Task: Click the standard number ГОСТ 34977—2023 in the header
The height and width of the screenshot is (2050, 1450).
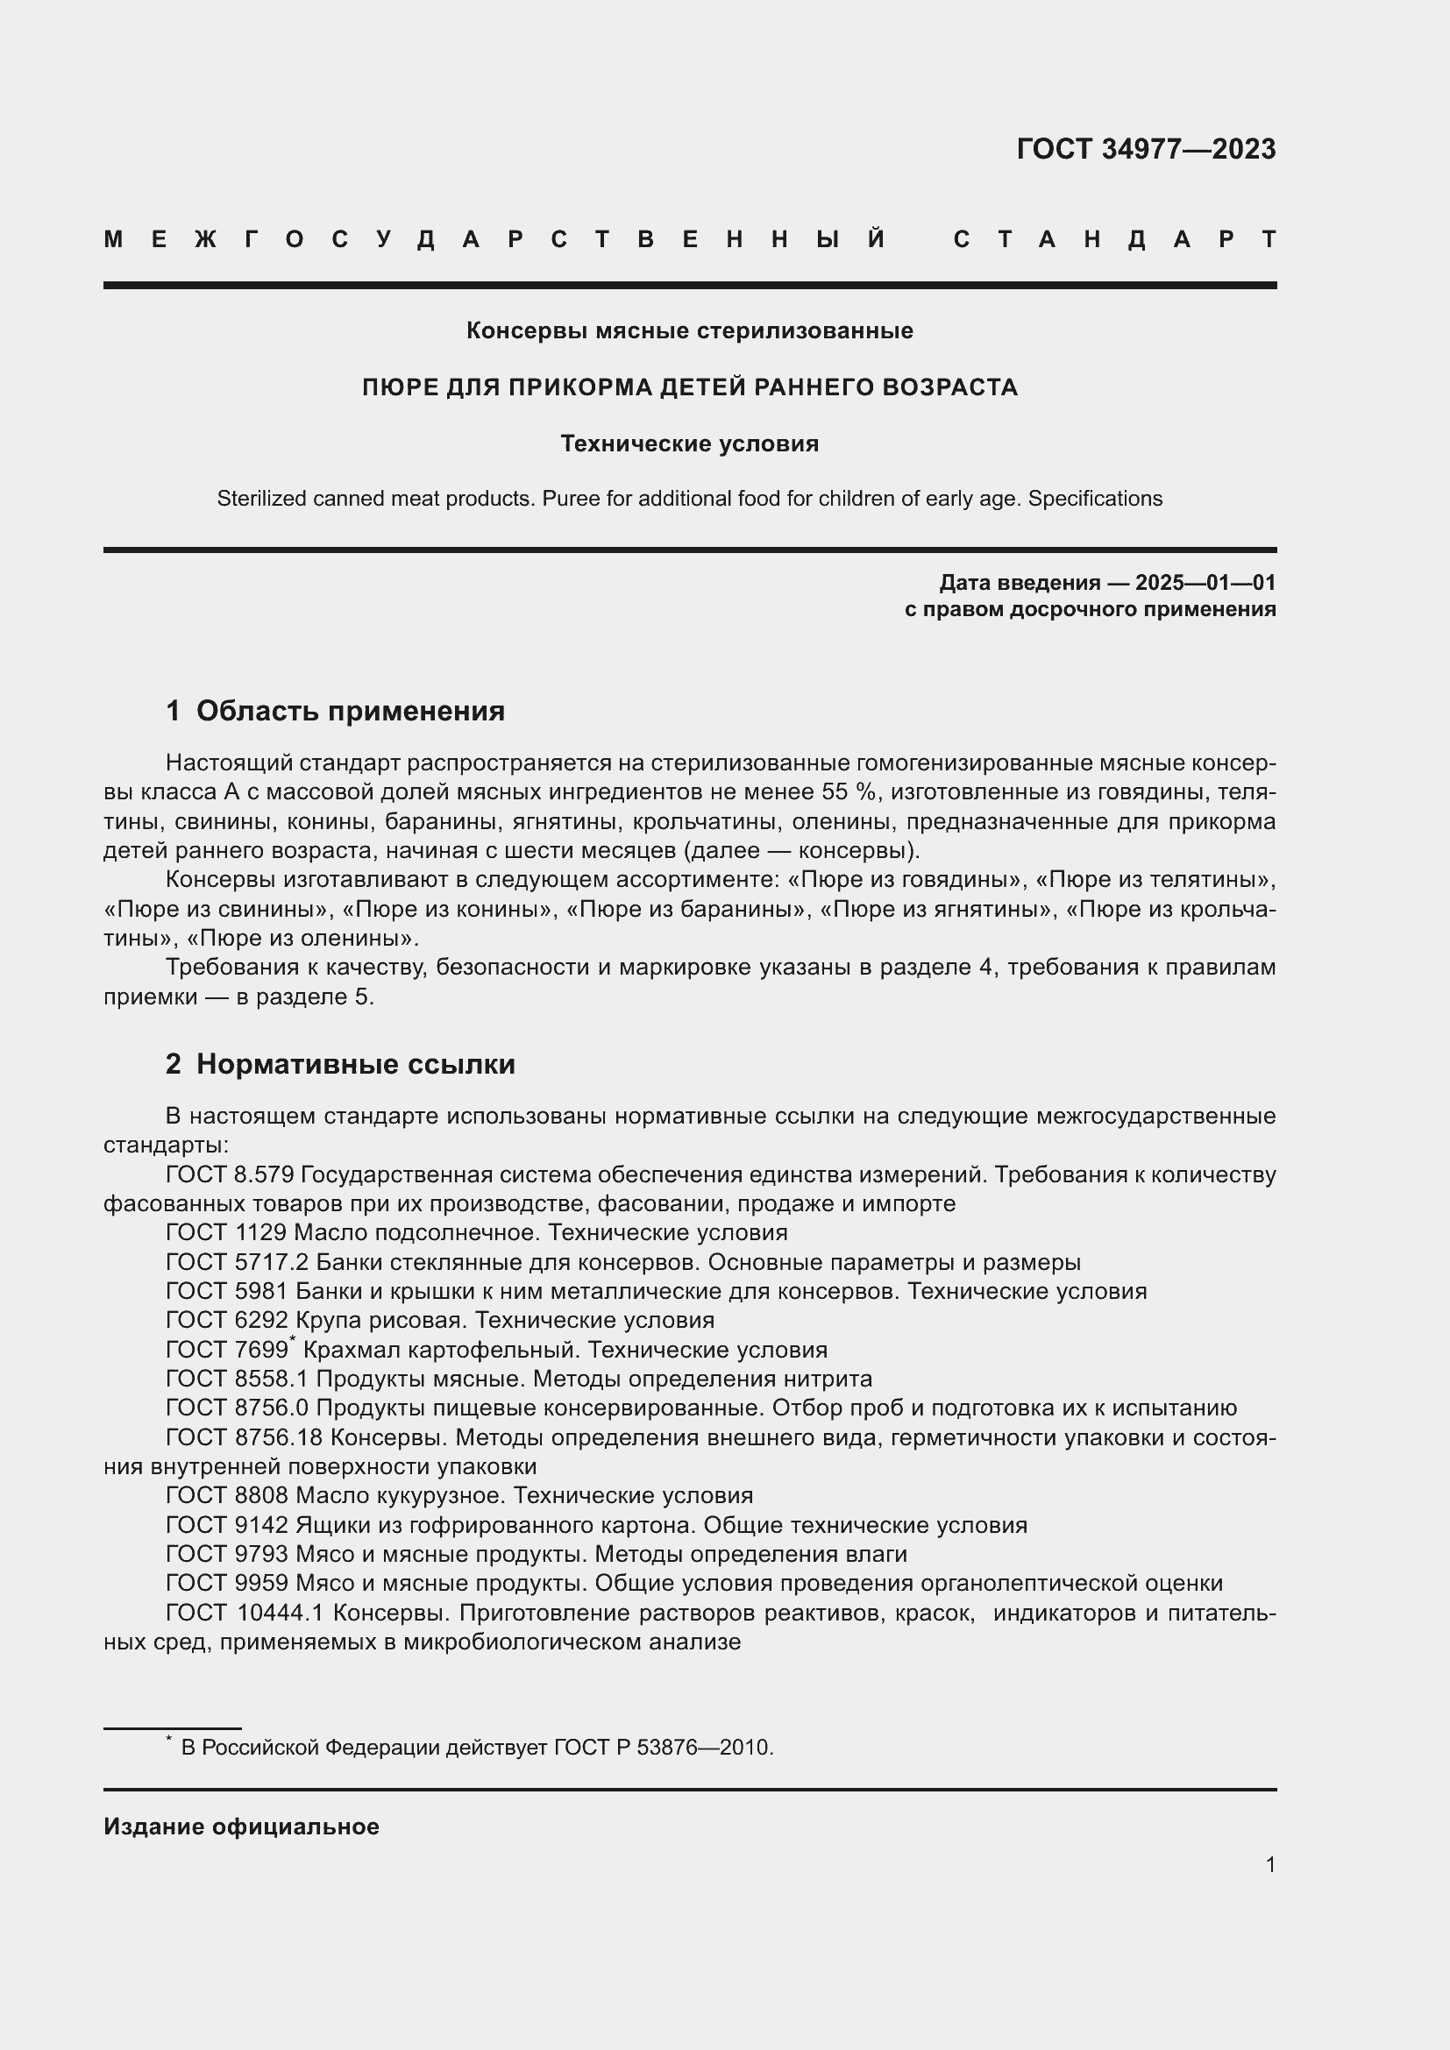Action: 1146,148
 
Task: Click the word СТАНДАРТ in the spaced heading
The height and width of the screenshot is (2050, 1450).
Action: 1114,239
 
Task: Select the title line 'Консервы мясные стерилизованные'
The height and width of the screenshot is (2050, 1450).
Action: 689,330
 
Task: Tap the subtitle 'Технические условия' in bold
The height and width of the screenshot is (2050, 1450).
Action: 689,443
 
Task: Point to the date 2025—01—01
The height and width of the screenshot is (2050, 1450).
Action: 1205,583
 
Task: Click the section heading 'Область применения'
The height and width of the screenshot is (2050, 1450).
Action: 350,711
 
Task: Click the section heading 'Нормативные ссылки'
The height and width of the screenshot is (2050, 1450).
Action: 355,1064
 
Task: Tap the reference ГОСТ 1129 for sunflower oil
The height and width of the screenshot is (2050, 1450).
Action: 226,1233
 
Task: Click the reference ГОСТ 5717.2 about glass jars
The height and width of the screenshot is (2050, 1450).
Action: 237,1262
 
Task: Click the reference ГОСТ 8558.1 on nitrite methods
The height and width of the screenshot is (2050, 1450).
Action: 237,1380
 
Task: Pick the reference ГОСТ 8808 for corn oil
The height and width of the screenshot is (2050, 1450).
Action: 227,1496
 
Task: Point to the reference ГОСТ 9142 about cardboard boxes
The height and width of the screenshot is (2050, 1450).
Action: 227,1526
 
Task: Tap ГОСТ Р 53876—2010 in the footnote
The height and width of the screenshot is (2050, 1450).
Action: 662,1748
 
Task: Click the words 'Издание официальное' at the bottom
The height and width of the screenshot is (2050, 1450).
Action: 241,1827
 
